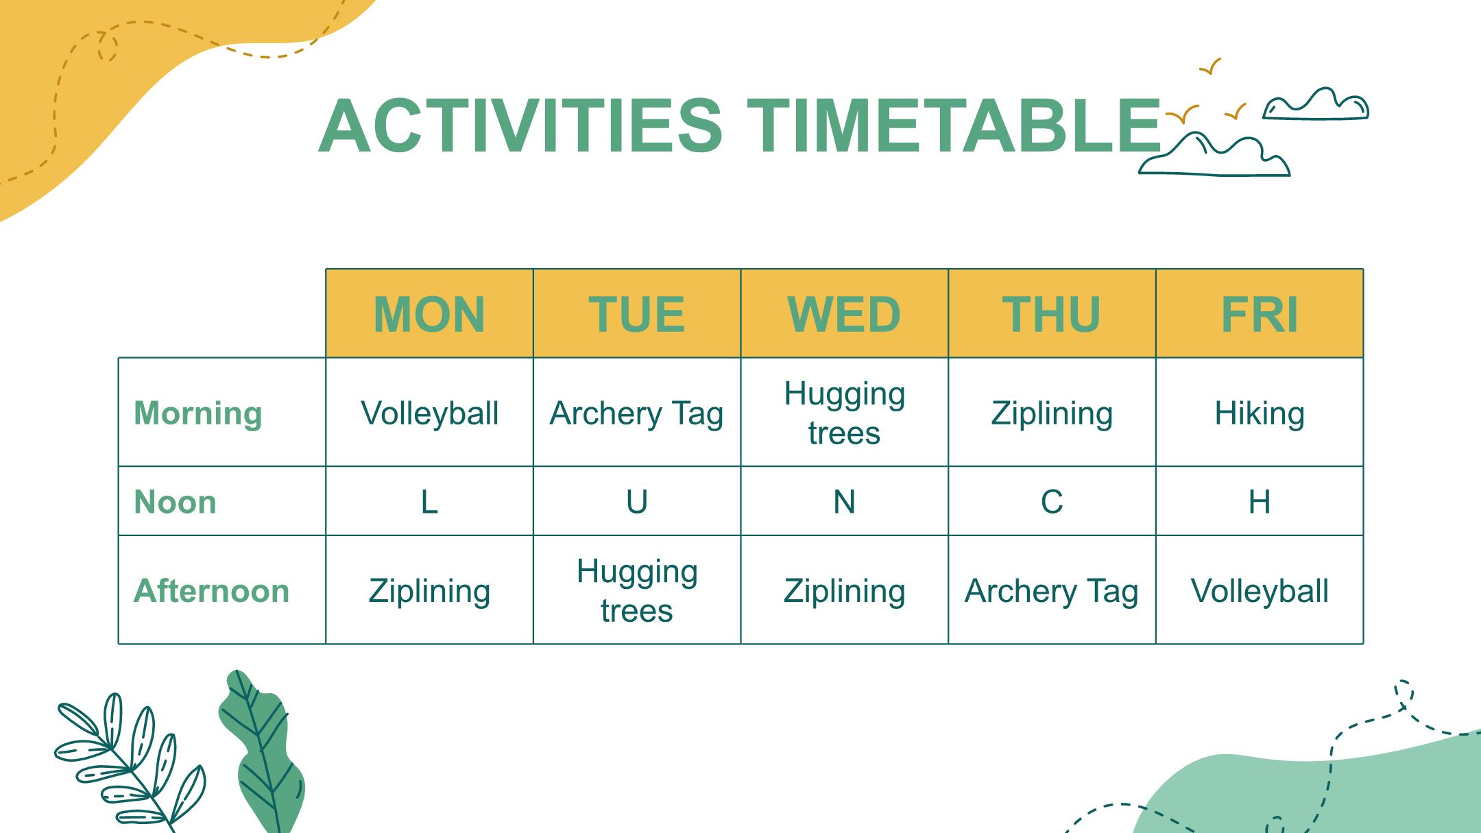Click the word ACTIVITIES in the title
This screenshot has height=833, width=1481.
520,125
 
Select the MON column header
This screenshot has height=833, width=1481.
429,313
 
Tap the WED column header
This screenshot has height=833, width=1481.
844,313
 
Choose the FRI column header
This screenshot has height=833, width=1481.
1260,313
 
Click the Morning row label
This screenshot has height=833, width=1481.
198,413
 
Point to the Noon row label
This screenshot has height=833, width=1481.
175,502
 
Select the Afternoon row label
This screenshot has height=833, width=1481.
211,590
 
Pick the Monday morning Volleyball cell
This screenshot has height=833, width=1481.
429,413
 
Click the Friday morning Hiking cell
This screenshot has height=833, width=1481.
1260,413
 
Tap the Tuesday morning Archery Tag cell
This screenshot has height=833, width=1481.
637,413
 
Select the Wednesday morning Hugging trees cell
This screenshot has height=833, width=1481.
844,413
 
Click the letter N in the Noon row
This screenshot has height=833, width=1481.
844,502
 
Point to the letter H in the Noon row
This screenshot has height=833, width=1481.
1260,502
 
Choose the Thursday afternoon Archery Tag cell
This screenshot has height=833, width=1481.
1052,590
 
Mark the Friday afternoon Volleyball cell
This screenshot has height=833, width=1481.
1260,590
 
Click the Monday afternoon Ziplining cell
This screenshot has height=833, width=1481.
429,590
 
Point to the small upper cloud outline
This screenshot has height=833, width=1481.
1316,104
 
